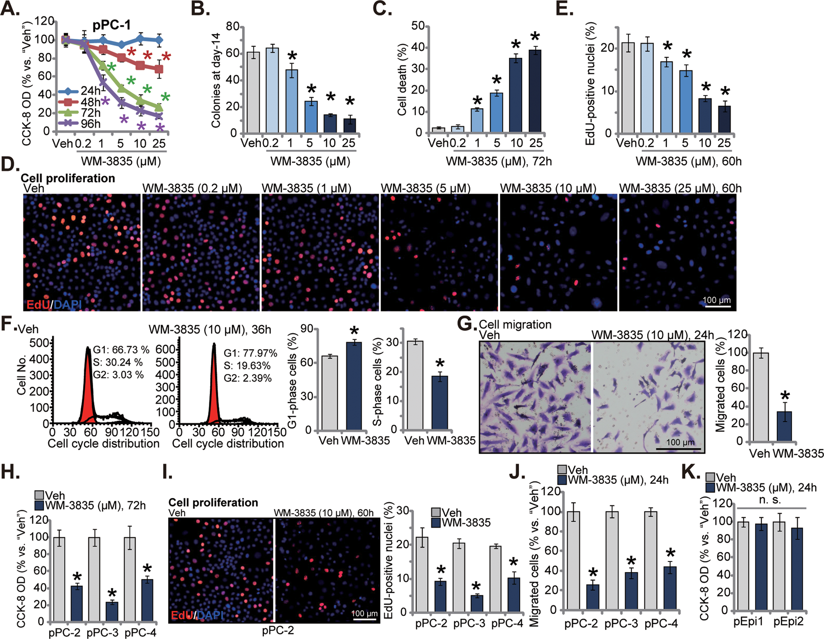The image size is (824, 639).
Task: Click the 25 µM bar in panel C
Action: (x=535, y=91)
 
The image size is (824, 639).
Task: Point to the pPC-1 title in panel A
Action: (x=111, y=25)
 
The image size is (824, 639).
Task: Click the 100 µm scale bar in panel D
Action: (x=717, y=306)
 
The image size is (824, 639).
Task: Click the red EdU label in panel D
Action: (x=38, y=304)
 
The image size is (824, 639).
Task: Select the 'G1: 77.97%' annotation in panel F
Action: (x=250, y=353)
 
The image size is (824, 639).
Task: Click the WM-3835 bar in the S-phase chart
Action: (x=439, y=403)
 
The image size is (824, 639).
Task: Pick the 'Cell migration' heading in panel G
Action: (x=515, y=324)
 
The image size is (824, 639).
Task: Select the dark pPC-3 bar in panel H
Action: (x=112, y=611)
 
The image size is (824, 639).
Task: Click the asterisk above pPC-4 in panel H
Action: (x=147, y=568)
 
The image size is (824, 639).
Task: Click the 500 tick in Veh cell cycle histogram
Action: (x=40, y=343)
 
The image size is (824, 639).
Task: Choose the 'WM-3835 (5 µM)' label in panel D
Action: (x=425, y=188)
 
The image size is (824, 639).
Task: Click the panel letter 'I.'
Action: (x=167, y=472)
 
